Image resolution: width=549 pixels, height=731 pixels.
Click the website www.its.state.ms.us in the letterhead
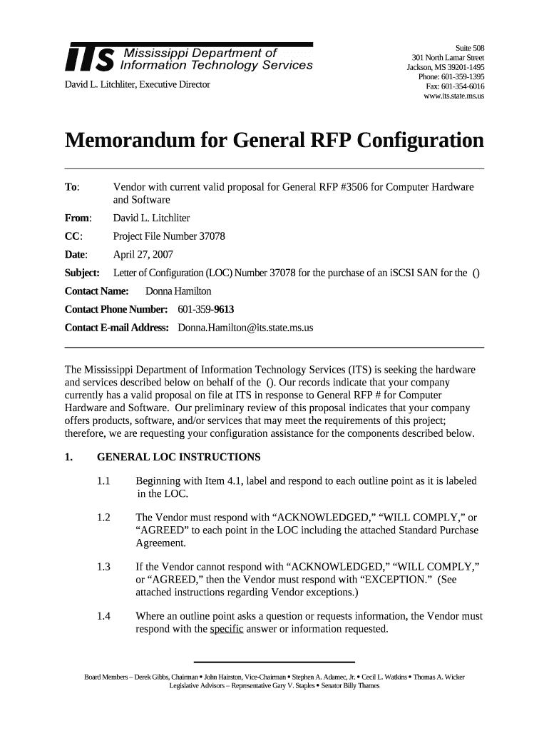[453, 96]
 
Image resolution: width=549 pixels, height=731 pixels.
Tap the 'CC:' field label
[73, 236]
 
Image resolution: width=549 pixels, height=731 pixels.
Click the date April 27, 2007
[143, 254]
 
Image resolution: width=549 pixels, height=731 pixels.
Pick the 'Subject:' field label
[82, 273]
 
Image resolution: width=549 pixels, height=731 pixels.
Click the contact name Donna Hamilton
[178, 291]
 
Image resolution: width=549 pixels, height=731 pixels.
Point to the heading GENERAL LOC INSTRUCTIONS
[178, 458]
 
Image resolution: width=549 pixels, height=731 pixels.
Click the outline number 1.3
[104, 568]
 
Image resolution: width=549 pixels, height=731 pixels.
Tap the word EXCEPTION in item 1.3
[385, 580]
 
